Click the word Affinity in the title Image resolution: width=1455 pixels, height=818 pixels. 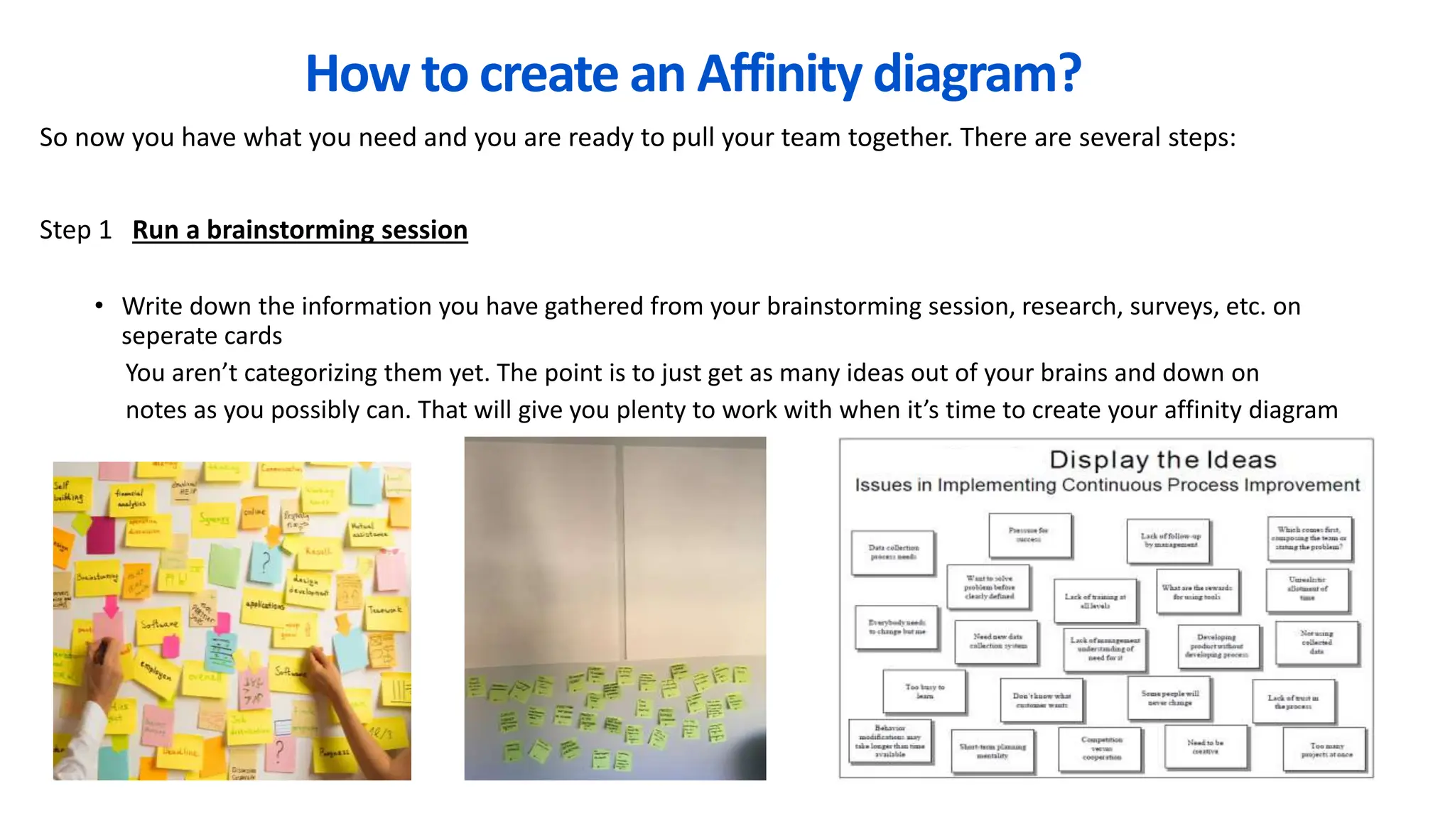pos(779,74)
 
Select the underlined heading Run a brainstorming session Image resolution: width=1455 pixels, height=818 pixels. pos(300,230)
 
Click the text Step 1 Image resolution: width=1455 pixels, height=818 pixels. pos(75,230)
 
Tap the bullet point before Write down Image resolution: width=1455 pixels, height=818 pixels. pos(99,306)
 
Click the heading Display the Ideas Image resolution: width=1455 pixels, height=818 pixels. pos(1162,459)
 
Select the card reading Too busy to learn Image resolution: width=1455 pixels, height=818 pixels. pos(924,691)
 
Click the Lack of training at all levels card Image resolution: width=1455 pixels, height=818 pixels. pos(1095,601)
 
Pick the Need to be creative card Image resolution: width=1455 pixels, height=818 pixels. pos(1205,746)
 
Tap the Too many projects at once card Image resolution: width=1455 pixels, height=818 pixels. pos(1326,750)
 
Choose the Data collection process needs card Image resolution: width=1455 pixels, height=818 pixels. pos(893,552)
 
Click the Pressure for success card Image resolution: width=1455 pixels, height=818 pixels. pos(1029,535)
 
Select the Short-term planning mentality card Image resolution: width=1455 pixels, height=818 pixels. pos(992,751)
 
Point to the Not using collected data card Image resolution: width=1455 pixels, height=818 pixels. pos(1316,642)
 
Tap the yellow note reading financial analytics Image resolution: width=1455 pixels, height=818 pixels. pos(131,498)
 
